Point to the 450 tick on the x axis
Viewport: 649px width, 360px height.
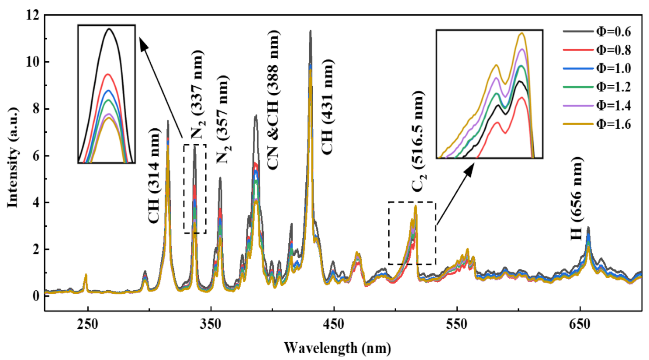334,324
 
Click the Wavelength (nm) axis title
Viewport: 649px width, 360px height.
337,347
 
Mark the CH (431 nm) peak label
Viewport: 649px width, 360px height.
327,107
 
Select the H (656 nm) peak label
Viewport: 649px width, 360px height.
577,199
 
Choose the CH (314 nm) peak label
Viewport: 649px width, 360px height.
154,176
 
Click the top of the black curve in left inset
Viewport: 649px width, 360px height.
109,29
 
